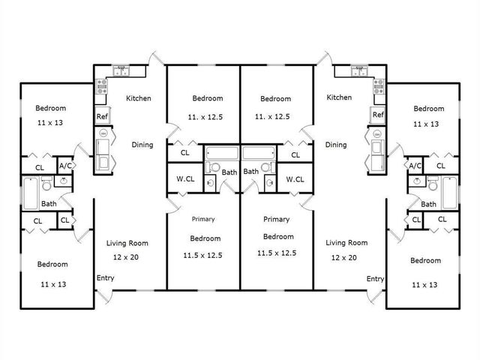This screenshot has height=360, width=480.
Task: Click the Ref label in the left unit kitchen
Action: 101,116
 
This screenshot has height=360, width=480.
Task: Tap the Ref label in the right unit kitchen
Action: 378,115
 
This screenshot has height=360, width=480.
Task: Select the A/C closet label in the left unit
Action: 65,166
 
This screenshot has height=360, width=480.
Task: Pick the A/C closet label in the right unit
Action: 415,166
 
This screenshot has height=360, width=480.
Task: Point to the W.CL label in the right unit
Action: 295,178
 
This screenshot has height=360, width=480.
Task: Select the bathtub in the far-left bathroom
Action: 29,193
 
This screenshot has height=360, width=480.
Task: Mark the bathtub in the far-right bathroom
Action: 449,193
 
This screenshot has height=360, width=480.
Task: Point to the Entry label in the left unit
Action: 106,278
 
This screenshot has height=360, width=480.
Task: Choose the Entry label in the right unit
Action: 375,278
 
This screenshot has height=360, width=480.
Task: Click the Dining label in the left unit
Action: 142,145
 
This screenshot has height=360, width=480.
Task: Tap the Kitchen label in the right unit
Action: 339,97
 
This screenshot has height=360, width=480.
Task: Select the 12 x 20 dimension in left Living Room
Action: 126,257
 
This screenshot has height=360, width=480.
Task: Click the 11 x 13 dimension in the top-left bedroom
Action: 50,121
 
